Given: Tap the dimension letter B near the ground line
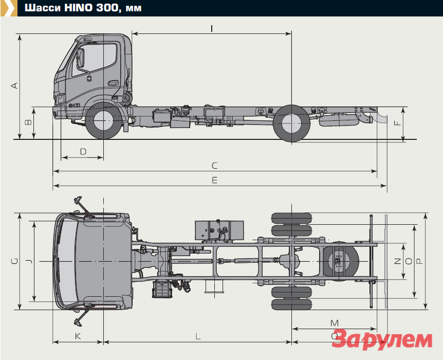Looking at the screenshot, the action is (28, 122).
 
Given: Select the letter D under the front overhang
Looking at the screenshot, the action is (83, 152).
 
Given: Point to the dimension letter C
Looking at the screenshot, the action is (215, 166).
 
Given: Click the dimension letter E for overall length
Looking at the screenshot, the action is (215, 180).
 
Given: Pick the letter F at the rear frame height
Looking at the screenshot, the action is (397, 123).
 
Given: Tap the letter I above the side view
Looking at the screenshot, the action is (212, 28).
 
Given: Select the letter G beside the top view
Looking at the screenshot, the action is (14, 261).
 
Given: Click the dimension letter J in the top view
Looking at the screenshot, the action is (29, 261).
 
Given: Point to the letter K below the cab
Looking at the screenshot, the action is (78, 336).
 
